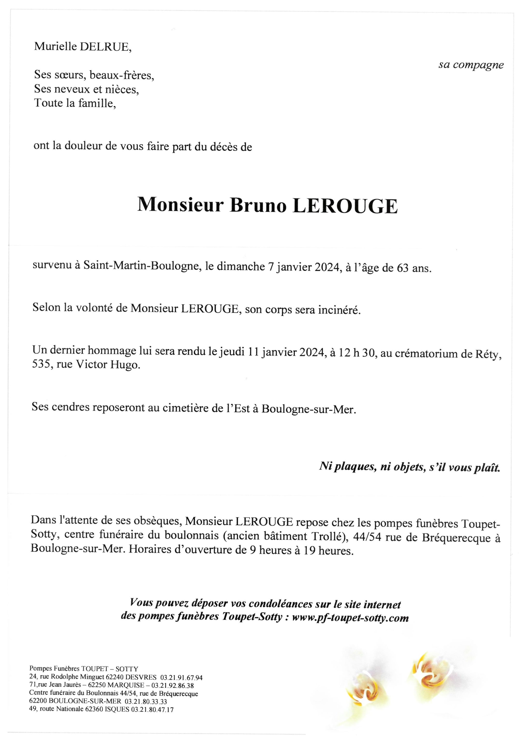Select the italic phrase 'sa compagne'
point(471,65)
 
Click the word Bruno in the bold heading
point(258,206)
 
